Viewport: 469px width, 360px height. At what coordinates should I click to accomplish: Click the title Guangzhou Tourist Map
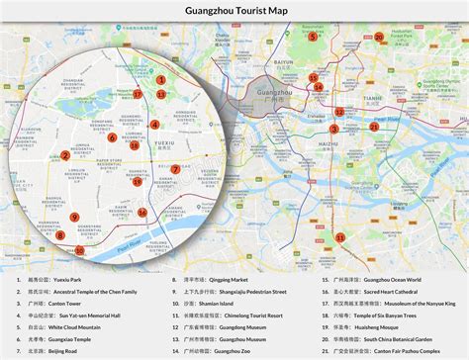(x=234, y=11)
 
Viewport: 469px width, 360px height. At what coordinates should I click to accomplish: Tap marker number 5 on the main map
(x=313, y=37)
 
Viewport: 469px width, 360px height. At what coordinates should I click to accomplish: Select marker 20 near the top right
(x=379, y=38)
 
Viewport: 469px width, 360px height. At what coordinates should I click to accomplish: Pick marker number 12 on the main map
(x=338, y=113)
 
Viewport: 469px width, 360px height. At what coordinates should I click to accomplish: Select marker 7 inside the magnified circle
(x=175, y=169)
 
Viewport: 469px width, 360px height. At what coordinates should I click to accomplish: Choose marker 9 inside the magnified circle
(x=74, y=217)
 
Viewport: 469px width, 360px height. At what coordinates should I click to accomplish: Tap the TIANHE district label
(x=372, y=99)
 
